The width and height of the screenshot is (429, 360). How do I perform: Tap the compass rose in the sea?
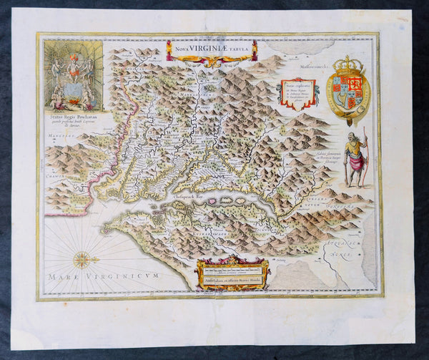point(82,260)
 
